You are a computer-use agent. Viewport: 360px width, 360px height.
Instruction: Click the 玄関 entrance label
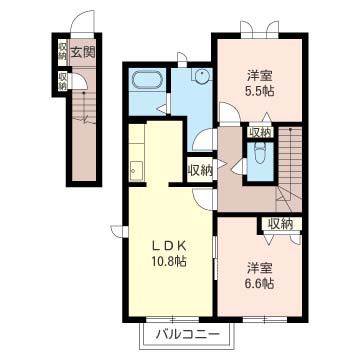82,51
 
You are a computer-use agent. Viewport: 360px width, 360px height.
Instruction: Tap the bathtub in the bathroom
147,80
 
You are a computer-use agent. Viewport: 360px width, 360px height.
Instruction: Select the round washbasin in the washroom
202,77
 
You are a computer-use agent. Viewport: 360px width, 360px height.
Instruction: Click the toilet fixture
259,153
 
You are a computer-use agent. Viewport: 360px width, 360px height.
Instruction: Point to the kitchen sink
136,171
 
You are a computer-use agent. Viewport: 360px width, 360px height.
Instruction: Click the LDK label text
168,245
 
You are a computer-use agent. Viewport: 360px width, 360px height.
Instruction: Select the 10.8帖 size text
168,261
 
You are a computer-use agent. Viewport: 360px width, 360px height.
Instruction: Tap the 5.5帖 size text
261,90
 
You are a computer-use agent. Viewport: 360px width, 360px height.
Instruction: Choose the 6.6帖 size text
260,283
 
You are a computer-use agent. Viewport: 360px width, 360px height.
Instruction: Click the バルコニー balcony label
188,333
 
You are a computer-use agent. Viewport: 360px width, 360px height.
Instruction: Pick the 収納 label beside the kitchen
200,171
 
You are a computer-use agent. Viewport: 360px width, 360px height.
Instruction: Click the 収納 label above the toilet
261,132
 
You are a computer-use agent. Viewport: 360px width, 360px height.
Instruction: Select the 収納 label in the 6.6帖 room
281,224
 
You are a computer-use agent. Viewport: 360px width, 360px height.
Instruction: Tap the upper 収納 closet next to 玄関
62,50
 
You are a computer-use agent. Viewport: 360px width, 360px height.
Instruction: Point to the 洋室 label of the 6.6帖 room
261,268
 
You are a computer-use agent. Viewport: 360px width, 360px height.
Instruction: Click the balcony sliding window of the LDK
173,319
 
